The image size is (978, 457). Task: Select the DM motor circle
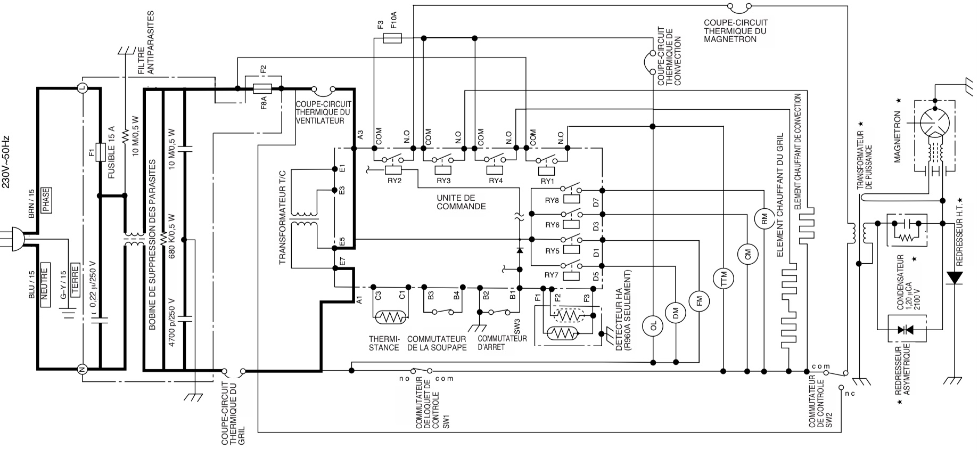point(676,314)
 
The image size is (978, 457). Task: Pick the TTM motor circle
point(724,279)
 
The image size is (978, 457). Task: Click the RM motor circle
point(763,218)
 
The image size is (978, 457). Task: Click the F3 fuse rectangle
point(392,38)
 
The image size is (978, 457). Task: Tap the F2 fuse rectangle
point(263,88)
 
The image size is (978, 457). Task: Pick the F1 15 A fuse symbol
point(100,152)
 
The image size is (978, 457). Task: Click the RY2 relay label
point(395,181)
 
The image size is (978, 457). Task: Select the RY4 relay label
point(496,181)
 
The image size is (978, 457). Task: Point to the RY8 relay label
point(552,200)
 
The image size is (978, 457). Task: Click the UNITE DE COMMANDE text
point(461,202)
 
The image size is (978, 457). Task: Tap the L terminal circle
point(83,88)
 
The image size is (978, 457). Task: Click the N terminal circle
point(83,369)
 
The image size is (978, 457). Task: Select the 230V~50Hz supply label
point(6,164)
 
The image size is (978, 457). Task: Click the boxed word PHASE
point(46,200)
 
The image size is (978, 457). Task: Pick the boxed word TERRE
point(75,280)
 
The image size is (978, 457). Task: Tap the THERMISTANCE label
point(384,344)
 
